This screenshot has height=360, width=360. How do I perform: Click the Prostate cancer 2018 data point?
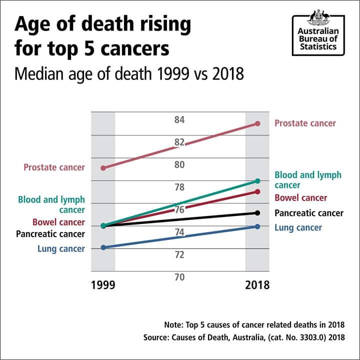click(257, 123)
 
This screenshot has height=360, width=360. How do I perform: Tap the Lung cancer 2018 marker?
click(257, 226)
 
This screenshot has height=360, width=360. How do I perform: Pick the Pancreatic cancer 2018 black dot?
click(257, 213)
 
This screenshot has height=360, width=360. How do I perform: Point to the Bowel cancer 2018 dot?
click(257, 191)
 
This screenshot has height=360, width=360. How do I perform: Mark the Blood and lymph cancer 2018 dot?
click(257, 180)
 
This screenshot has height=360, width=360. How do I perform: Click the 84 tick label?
click(180, 120)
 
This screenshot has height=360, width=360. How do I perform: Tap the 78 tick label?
click(180, 187)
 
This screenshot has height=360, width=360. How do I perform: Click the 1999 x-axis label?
click(103, 285)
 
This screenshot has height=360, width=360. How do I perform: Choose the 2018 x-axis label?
click(257, 285)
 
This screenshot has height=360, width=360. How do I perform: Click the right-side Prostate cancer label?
click(305, 123)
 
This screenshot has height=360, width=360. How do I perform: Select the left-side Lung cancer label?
click(61, 248)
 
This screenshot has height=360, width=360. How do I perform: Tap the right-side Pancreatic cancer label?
click(309, 213)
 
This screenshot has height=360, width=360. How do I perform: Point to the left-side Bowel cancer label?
click(58, 222)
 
